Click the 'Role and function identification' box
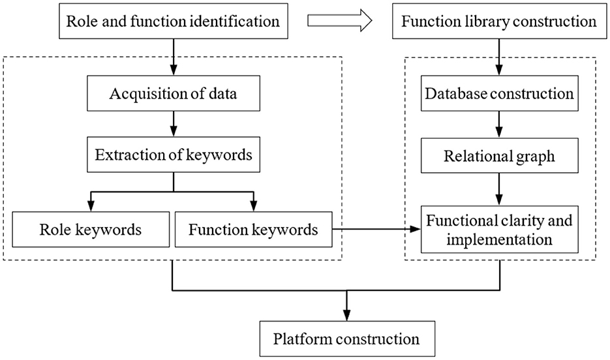click(174, 21)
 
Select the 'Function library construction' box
click(499, 21)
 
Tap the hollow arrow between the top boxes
click(340, 20)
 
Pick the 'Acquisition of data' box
click(174, 93)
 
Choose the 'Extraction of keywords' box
click(174, 155)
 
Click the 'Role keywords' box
click(91, 230)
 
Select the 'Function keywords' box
click(254, 230)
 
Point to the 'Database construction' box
click(500, 93)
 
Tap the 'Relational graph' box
click(500, 155)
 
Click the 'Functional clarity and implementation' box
click(500, 230)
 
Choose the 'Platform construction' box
click(347, 338)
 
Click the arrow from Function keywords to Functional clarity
click(376, 229)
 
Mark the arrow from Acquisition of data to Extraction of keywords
click(174, 124)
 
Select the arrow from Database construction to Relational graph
click(499, 125)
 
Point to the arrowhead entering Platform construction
click(346, 315)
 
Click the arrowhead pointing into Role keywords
click(91, 206)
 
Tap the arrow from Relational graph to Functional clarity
click(499, 189)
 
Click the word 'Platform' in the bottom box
click(302, 338)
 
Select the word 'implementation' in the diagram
click(500, 239)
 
